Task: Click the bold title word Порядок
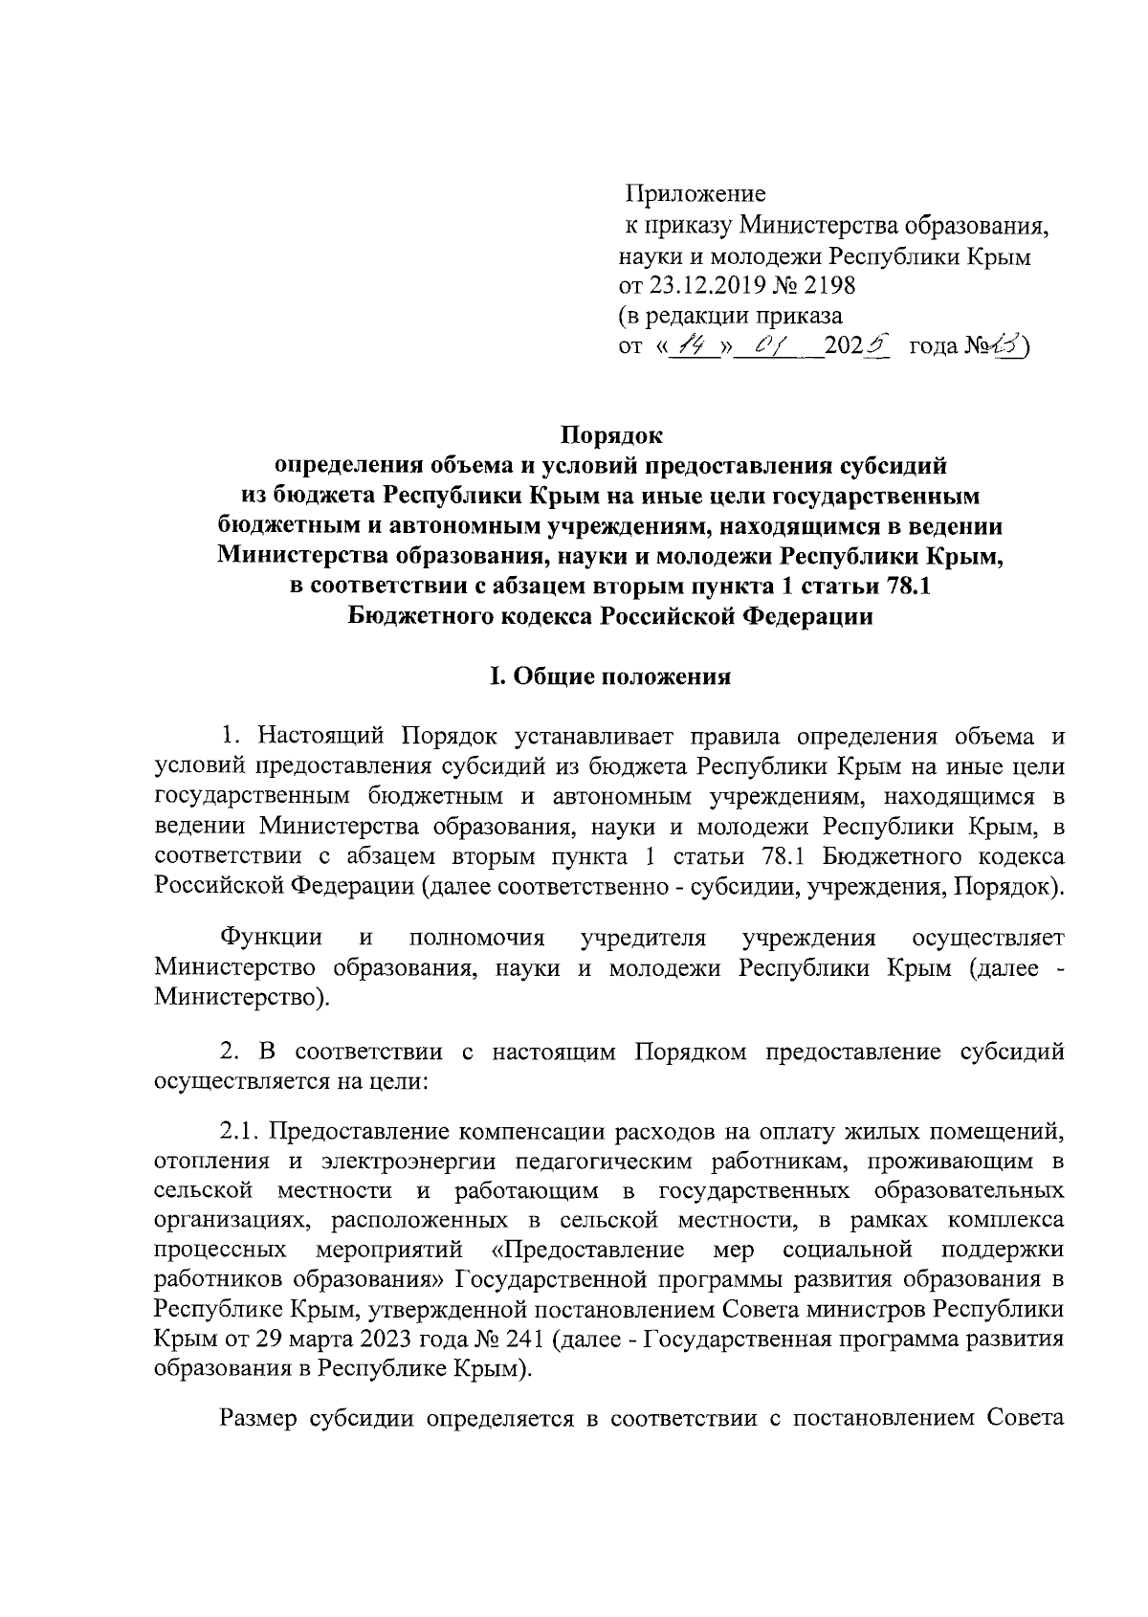click(610, 435)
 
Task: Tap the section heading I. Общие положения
click(610, 676)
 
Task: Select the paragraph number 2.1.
click(239, 1132)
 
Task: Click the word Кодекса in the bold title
click(545, 616)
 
